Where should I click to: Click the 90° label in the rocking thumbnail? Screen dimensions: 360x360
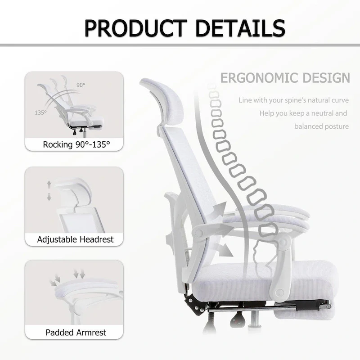[x=81, y=85]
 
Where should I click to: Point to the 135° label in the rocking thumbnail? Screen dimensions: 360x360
[x=40, y=112]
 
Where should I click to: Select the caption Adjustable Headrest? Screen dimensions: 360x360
[x=75, y=239]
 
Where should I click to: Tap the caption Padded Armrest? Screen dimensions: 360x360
[x=76, y=333]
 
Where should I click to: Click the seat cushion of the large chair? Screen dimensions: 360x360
[x=279, y=274]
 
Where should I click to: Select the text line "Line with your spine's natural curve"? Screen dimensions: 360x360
[x=294, y=100]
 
